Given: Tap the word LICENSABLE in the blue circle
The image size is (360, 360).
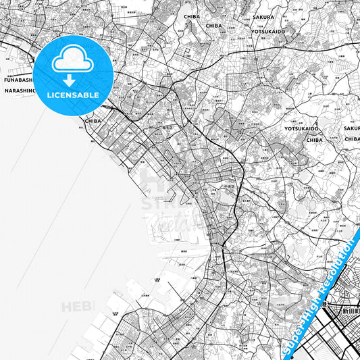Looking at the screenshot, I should tap(73, 95).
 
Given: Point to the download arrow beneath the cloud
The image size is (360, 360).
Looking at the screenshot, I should tap(70, 80).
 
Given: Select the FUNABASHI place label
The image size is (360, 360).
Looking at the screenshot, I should tap(18, 79).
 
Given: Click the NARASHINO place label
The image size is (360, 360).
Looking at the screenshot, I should tap(18, 90).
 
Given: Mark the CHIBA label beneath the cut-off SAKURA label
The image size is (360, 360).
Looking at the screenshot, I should tap(352, 138).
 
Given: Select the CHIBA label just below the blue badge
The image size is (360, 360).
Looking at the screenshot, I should tap(93, 122).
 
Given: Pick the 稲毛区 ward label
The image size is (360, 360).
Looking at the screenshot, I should tap(169, 126).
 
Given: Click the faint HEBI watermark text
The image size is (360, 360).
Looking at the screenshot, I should tap(77, 307).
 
